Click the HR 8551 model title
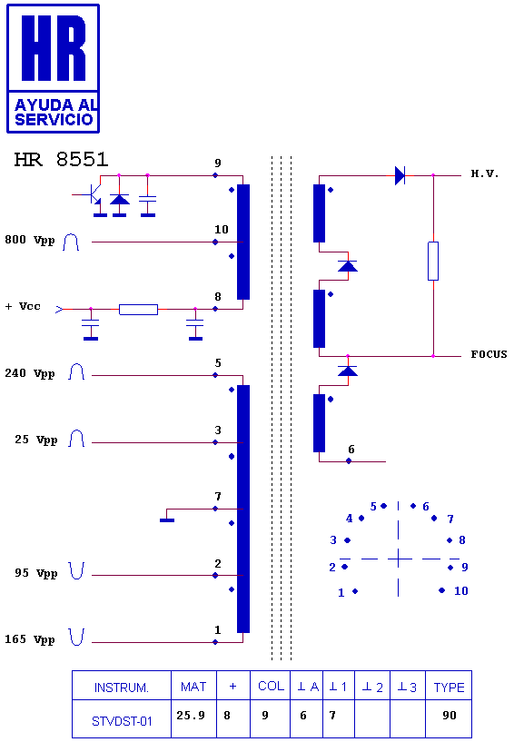point(61,160)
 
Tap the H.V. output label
point(485,173)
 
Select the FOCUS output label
point(489,354)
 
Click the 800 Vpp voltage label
point(30,240)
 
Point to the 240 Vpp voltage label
point(30,373)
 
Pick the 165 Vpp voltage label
point(30,639)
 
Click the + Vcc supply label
point(23,307)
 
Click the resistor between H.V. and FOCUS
point(433,261)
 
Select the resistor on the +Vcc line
point(138,310)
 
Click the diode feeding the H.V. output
point(400,175)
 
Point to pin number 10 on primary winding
point(221,230)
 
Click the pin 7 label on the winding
point(218,497)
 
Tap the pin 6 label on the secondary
point(351,449)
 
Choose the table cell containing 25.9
point(193,719)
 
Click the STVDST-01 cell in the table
point(122,719)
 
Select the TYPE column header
point(450,686)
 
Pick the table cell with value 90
point(450,719)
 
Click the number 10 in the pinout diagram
point(461,591)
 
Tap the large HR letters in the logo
point(54,48)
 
